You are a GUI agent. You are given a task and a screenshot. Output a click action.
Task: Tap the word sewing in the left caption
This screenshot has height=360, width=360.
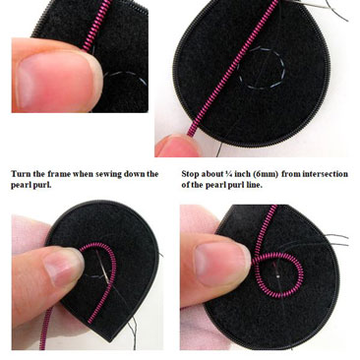tap(108, 175)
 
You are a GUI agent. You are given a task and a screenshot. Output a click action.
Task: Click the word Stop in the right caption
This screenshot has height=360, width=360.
tap(190, 174)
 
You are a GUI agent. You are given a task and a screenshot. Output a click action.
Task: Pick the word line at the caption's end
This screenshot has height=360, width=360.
tap(255, 185)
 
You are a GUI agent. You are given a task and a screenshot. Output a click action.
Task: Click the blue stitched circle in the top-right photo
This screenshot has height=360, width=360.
tap(262, 69)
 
